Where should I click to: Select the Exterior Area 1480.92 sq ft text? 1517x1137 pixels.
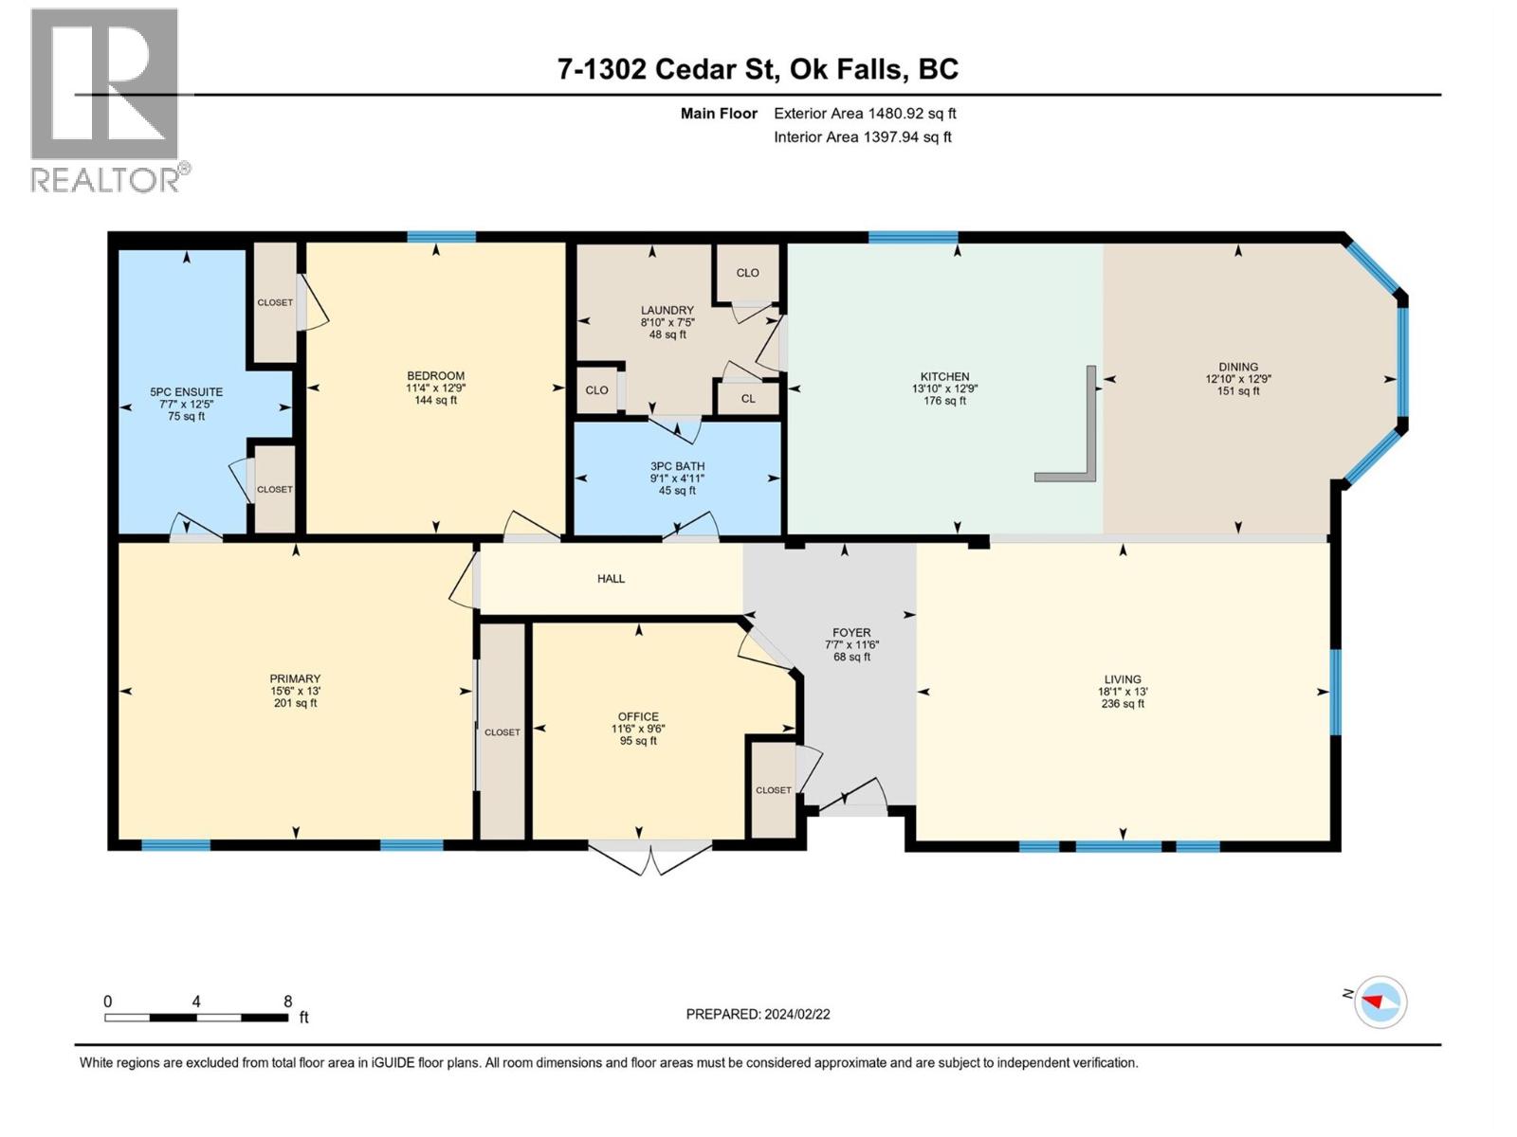(865, 113)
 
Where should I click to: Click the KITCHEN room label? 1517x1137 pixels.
(944, 376)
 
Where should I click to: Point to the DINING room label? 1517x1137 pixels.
(1238, 367)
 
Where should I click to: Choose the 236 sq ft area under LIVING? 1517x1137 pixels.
(1123, 703)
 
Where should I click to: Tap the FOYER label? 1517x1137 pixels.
(851, 632)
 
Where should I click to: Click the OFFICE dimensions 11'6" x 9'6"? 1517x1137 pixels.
(638, 729)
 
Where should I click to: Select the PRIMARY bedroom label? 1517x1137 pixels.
(295, 678)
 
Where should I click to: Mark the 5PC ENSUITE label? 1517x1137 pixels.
(186, 391)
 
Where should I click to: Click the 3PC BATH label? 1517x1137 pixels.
(677, 466)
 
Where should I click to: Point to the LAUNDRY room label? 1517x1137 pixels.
(667, 310)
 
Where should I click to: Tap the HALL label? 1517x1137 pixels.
(611, 579)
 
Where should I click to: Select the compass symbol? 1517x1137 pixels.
(1380, 1002)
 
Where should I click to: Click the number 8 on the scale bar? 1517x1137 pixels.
(287, 1001)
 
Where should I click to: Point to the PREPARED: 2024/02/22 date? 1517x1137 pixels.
(758, 1014)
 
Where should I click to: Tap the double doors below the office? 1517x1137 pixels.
(649, 858)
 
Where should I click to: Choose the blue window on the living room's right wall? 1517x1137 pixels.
(1335, 692)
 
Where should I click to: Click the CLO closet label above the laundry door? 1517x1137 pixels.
(747, 273)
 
